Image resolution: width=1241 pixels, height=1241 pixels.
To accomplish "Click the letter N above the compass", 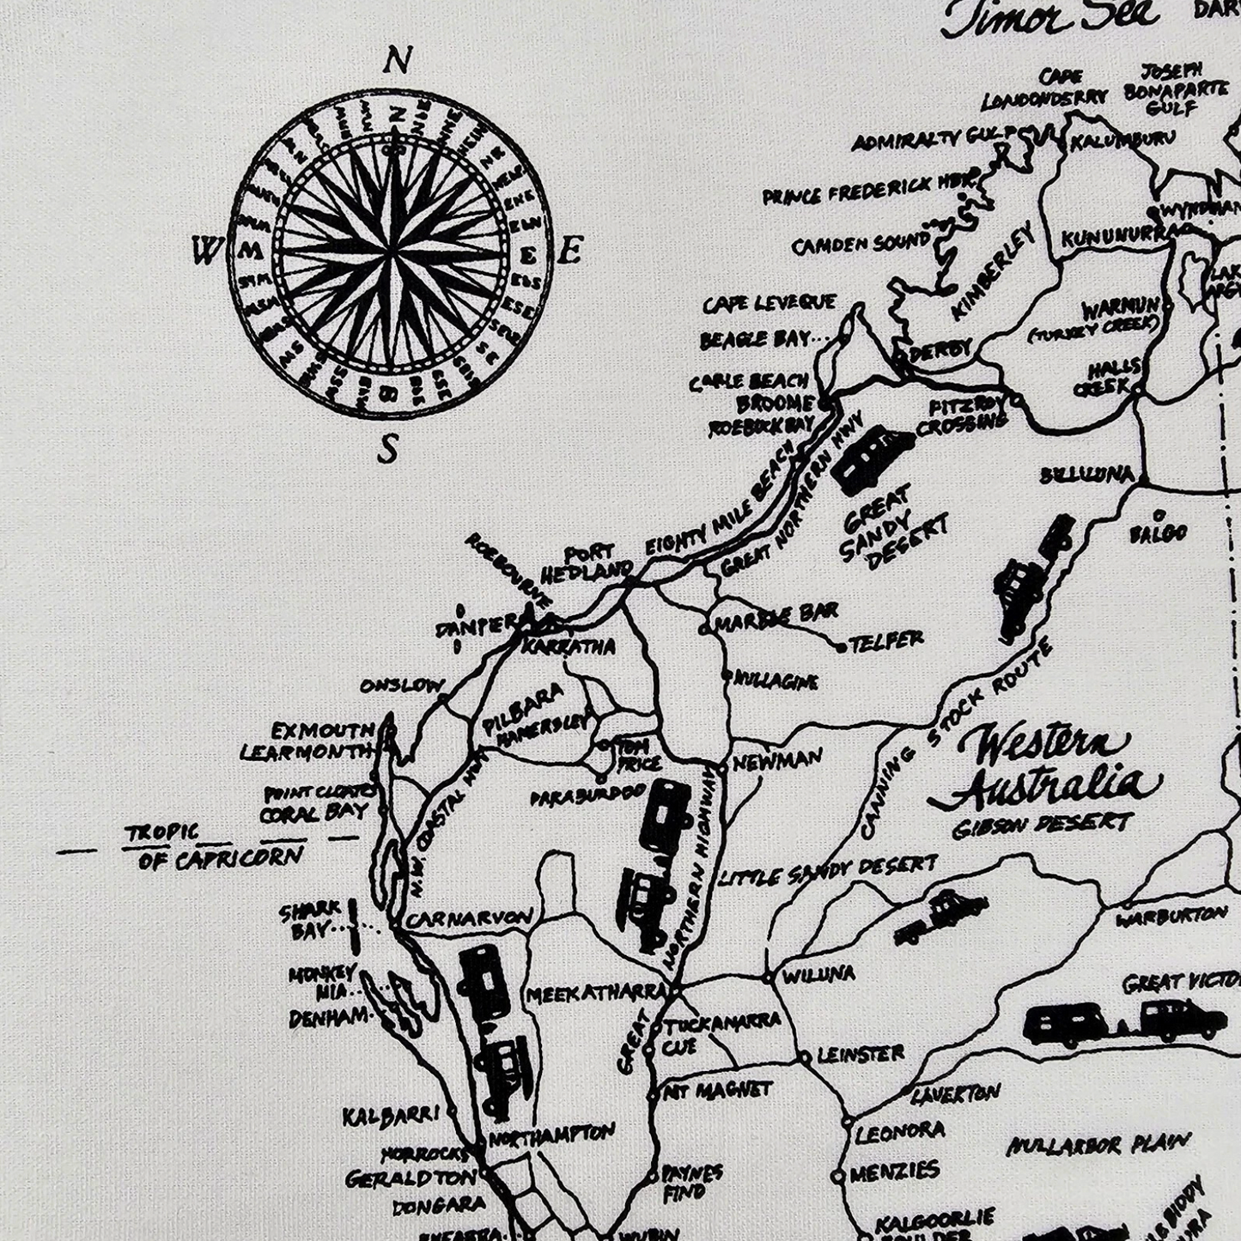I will click(x=395, y=62).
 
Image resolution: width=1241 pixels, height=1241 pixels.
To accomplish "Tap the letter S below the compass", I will click(x=389, y=448).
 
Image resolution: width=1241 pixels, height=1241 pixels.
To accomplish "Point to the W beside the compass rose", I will click(x=206, y=252).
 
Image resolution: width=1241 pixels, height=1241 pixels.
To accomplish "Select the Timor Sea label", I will click(x=1049, y=19).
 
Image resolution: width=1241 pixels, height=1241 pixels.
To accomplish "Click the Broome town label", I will click(x=774, y=404).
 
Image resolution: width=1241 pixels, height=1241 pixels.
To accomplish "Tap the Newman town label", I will click(x=776, y=760).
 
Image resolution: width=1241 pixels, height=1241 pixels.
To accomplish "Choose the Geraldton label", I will click(x=411, y=1177).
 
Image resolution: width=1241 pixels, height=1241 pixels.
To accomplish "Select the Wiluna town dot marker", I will click(x=767, y=978).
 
